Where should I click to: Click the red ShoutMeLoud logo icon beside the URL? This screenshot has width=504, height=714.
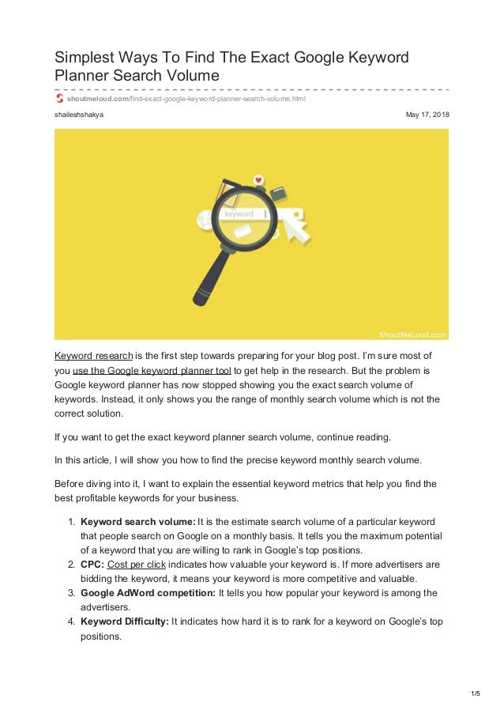pos(58,99)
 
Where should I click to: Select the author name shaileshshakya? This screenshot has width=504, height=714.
pos(78,115)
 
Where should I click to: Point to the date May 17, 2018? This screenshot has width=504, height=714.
pos(427,115)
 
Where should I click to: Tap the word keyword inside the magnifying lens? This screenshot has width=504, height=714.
pos(239,214)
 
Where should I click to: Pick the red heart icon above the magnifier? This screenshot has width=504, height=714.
pos(258,180)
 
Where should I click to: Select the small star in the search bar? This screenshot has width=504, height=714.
pos(295,213)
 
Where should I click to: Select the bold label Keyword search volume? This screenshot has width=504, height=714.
pos(137,522)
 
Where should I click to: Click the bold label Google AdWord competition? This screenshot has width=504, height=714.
pos(148,593)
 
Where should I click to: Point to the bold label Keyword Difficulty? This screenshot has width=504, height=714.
pos(124,621)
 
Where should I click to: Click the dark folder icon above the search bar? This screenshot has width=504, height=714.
pos(277,192)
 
